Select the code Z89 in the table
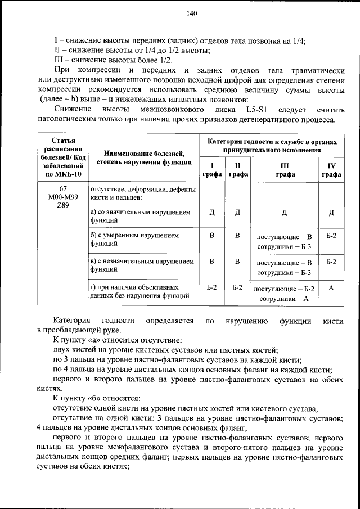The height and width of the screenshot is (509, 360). pyautogui.click(x=63, y=206)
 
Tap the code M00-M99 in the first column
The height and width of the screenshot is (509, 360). pyautogui.click(x=63, y=198)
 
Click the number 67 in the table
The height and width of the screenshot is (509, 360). pyautogui.click(x=63, y=190)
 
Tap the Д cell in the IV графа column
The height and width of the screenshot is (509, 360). pyautogui.click(x=331, y=212)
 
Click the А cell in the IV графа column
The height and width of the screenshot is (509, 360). pyautogui.click(x=331, y=288)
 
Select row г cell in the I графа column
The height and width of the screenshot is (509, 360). pyautogui.click(x=211, y=287)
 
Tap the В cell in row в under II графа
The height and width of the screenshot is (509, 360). pyautogui.click(x=237, y=262)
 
